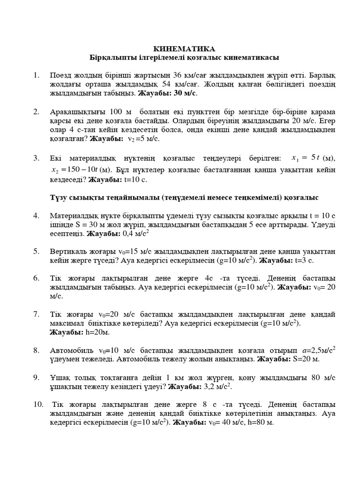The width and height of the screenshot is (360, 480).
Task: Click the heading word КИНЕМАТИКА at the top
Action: tap(184, 49)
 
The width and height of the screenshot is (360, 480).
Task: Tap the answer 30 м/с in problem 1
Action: tap(184, 93)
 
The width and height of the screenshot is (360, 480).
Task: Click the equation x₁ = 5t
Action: tap(304, 158)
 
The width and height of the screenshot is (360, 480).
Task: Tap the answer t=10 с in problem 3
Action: tap(136, 179)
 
